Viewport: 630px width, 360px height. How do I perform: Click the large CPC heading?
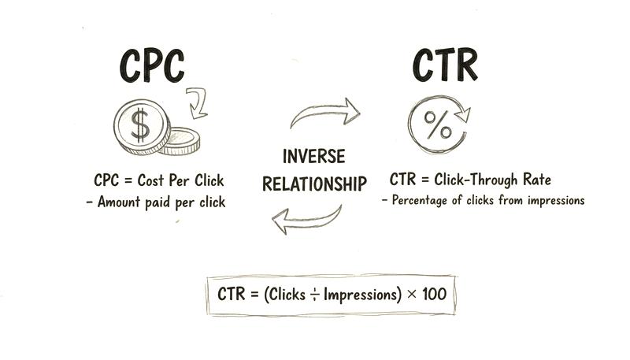[x=152, y=66]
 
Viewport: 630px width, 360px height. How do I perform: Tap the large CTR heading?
[x=445, y=65]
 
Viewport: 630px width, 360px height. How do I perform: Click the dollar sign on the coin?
[x=140, y=125]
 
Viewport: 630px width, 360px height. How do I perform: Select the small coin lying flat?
[x=181, y=142]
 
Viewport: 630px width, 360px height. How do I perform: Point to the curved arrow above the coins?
[x=199, y=103]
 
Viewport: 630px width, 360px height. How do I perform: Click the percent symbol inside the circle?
[x=438, y=125]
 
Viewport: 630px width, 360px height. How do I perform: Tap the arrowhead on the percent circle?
[x=463, y=114]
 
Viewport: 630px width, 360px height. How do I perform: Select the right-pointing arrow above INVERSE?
[x=324, y=113]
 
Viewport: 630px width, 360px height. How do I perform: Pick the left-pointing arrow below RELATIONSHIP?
[x=307, y=220]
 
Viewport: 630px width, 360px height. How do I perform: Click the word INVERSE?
[x=313, y=156]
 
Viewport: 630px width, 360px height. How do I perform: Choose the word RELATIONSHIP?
[x=314, y=184]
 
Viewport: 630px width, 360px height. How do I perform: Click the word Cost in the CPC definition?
[x=150, y=180]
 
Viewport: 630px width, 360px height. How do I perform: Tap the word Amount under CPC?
[x=119, y=202]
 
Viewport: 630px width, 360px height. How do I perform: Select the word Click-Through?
[x=476, y=180]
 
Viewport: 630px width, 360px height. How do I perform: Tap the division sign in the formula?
[x=314, y=295]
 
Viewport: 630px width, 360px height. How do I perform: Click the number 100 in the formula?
[x=435, y=294]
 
